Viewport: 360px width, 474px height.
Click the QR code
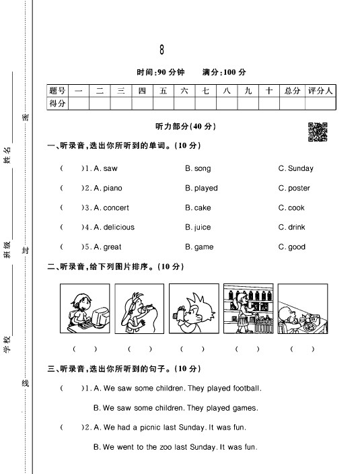pyautogui.click(x=318, y=132)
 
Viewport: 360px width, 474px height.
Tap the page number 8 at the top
pyautogui.click(x=161, y=50)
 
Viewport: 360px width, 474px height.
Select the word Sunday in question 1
pyautogui.click(x=300, y=168)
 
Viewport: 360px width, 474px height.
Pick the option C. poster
pyautogui.click(x=294, y=188)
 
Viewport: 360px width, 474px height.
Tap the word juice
pyautogui.click(x=202, y=227)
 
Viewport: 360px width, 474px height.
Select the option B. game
pyautogui.click(x=199, y=246)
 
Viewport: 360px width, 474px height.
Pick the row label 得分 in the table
pyautogui.click(x=57, y=103)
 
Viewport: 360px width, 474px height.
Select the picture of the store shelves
pyautogui.click(x=246, y=308)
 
